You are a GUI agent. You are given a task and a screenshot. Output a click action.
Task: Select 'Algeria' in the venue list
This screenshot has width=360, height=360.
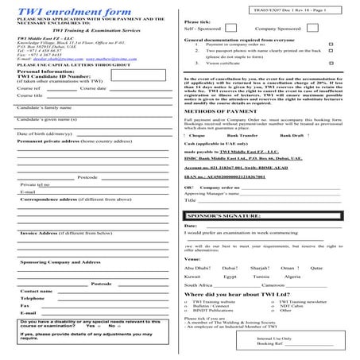click(x=292, y=277)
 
